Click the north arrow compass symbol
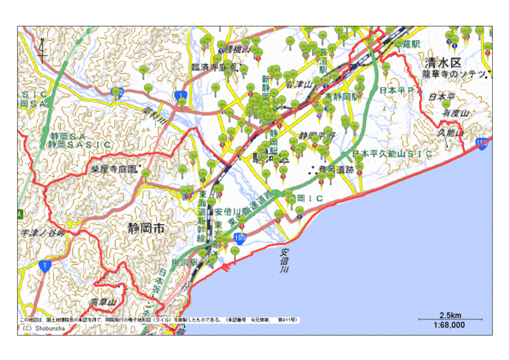(42, 49)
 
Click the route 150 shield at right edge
(482, 143)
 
